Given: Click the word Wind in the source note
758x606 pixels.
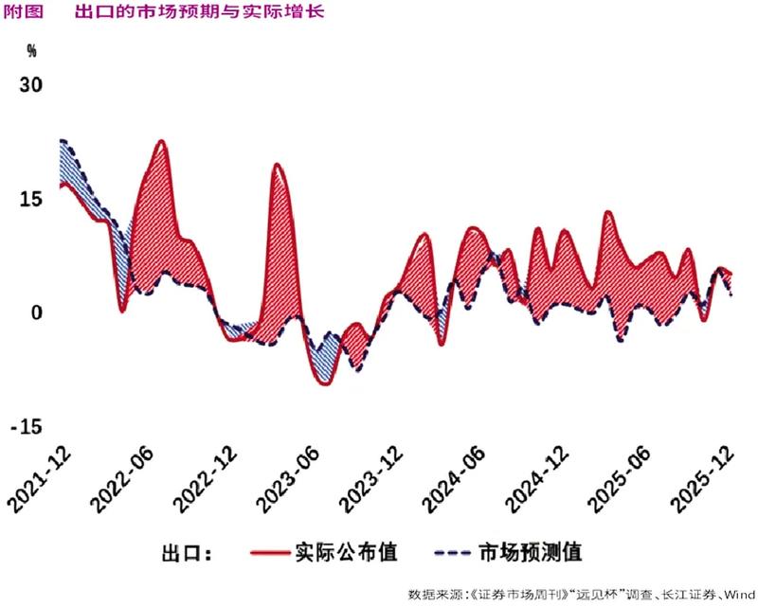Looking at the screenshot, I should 740,594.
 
